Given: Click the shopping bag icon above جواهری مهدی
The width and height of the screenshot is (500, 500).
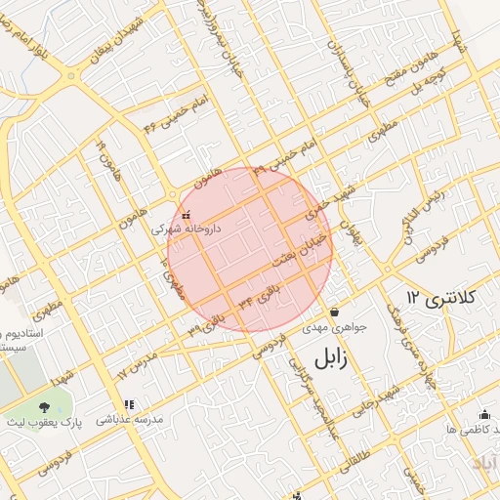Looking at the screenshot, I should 335,312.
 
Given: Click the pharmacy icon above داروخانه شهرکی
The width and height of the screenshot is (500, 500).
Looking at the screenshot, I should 186,215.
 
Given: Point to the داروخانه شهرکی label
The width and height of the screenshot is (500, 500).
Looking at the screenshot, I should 186,229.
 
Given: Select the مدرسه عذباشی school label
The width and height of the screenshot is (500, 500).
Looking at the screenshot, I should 129,419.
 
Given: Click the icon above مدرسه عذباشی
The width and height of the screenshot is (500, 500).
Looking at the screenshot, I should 127,404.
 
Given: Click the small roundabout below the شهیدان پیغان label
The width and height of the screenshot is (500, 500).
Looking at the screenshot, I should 70,75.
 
